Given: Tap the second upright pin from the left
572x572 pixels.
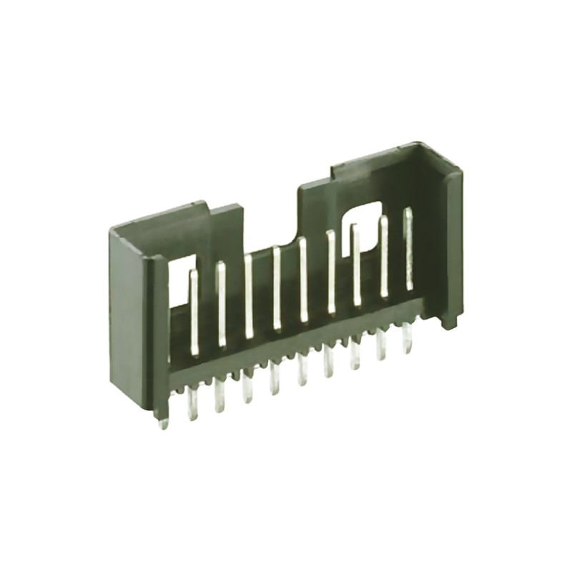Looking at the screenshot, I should [x=221, y=304].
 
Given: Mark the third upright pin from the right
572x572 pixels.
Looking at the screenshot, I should [x=356, y=265].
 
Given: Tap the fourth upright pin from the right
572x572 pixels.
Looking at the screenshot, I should [x=330, y=272].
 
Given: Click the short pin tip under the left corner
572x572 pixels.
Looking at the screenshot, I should [x=164, y=422].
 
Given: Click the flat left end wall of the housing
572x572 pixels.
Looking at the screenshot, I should [x=129, y=315].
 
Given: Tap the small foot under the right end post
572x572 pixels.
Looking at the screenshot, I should [x=449, y=322].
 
